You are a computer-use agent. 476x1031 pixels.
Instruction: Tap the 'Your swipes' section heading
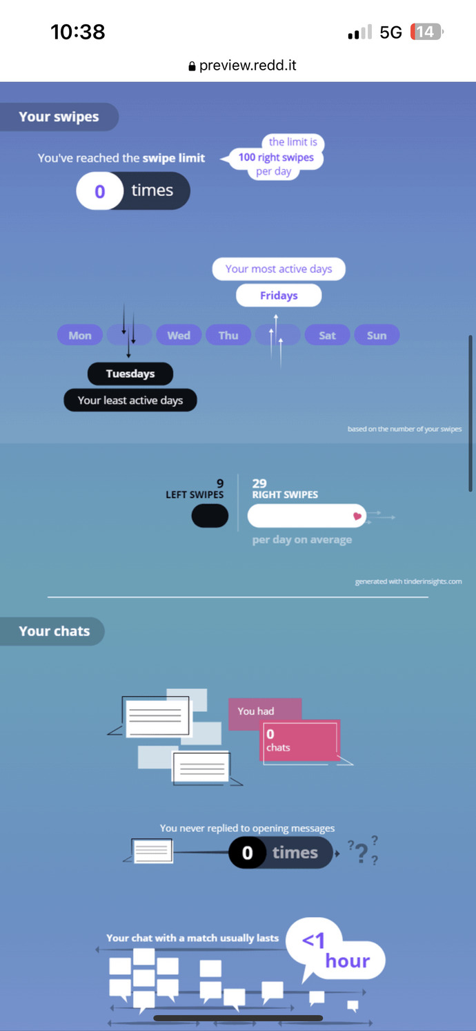click(x=59, y=117)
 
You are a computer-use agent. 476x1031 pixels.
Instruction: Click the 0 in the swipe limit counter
click(x=100, y=191)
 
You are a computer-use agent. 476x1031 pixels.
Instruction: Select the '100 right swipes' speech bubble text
click(x=276, y=157)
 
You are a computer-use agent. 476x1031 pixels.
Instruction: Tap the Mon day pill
click(x=80, y=335)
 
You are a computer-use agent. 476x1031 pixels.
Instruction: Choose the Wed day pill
click(x=179, y=335)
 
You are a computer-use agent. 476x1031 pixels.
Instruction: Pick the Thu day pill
click(x=228, y=335)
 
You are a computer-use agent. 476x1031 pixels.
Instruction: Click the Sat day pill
click(x=328, y=335)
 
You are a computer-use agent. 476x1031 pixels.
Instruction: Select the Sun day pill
click(x=377, y=335)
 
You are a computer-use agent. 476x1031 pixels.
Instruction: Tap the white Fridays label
click(x=279, y=296)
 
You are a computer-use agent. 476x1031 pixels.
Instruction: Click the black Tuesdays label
click(x=130, y=374)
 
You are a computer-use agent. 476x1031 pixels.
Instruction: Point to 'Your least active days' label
click(x=130, y=401)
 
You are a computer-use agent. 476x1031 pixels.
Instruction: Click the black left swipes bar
click(x=210, y=515)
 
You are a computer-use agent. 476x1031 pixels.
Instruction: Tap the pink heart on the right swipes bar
click(x=357, y=516)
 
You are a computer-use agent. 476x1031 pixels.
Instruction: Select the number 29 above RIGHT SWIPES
click(x=259, y=483)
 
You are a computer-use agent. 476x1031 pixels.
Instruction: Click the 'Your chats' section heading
click(x=54, y=631)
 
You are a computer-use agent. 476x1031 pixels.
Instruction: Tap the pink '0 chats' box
click(x=300, y=740)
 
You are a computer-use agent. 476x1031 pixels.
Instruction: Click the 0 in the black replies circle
click(x=248, y=853)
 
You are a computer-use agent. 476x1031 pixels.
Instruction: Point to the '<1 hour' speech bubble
click(x=335, y=951)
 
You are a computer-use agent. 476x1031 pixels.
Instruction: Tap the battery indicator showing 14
click(x=426, y=32)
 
